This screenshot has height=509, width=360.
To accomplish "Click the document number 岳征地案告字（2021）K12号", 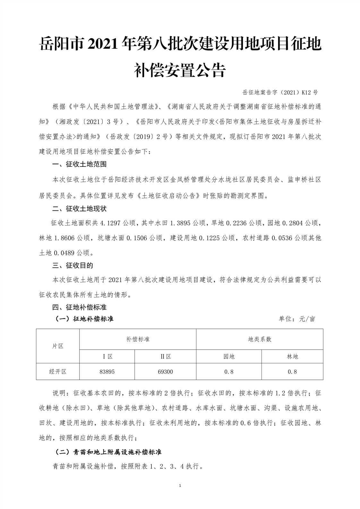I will (280, 93).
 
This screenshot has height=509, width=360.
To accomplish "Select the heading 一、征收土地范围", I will (79, 165).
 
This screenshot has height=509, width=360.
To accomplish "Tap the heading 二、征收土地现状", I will (79, 209).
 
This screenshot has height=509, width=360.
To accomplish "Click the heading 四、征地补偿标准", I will (79, 307).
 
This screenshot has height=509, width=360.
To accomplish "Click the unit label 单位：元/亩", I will (297, 319).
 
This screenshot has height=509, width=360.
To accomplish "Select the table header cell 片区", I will (58, 346).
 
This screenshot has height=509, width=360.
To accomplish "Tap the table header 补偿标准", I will (138, 339).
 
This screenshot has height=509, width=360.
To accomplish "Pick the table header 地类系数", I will (260, 339).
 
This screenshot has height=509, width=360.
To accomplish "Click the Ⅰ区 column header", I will (107, 356).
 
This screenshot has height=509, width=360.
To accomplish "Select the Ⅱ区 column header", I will (165, 356).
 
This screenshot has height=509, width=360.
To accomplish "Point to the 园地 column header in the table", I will (229, 356).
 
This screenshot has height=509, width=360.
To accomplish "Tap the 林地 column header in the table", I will (292, 356).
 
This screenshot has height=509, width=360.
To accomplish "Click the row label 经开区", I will (58, 372).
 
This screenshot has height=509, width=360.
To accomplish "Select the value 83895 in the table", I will (107, 372).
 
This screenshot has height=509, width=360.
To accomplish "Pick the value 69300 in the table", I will (165, 372).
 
